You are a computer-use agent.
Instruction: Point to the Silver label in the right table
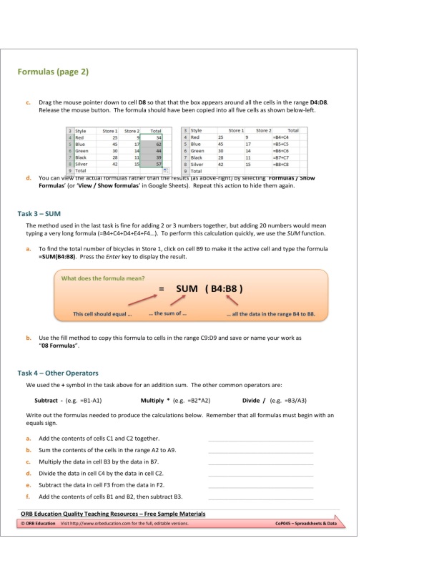pos(197,165)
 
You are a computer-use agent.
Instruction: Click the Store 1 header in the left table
pos(109,130)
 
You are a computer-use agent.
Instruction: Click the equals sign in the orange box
pos(162,289)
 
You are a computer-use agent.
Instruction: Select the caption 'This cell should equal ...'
pos(103,313)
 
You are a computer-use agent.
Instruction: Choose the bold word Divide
pos(255,401)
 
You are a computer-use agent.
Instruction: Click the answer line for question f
pos(260,499)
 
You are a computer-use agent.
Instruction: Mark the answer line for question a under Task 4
pos(260,441)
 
